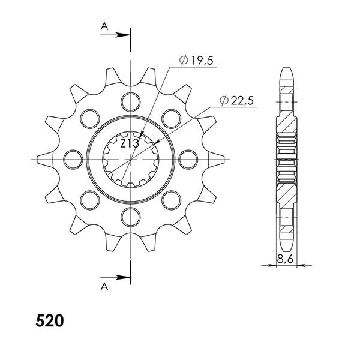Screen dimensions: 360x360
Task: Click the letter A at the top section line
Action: [104, 26]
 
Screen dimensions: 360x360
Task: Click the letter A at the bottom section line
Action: [104, 287]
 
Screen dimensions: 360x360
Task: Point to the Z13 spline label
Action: [130, 144]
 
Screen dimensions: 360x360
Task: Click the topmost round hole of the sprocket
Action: [130, 100]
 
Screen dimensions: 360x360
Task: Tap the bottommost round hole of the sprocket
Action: [130, 216]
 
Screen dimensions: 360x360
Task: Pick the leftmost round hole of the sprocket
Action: [73, 158]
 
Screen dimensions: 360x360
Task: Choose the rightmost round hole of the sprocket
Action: [188, 158]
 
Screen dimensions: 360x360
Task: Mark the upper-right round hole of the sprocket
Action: [171, 117]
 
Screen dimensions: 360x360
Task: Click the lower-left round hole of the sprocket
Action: [89, 199]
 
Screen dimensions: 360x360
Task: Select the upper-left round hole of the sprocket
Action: [89, 117]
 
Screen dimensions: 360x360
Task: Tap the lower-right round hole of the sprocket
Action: [171, 199]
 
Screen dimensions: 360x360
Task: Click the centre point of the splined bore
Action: [130, 158]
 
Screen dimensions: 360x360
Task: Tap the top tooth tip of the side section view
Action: [287, 71]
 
